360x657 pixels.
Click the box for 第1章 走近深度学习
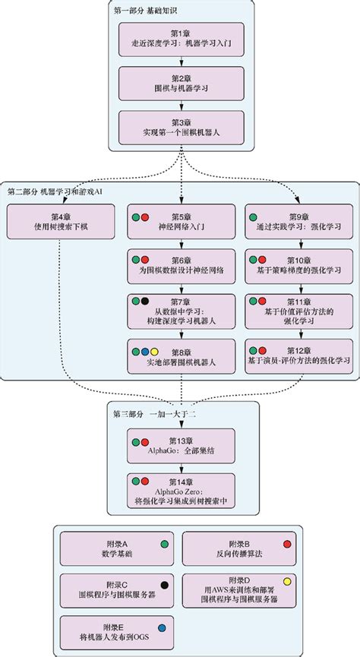tap(180, 39)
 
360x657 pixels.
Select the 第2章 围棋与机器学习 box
tap(180, 84)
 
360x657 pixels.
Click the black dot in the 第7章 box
tap(144, 303)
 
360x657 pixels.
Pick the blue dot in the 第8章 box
tap(144, 352)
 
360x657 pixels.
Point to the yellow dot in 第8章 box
tap(153, 352)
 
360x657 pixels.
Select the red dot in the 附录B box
tap(287, 544)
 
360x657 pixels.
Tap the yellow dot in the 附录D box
tap(287, 582)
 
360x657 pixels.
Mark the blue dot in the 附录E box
tap(162, 627)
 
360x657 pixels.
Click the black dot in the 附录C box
tap(163, 586)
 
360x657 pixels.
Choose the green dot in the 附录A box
tap(163, 544)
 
